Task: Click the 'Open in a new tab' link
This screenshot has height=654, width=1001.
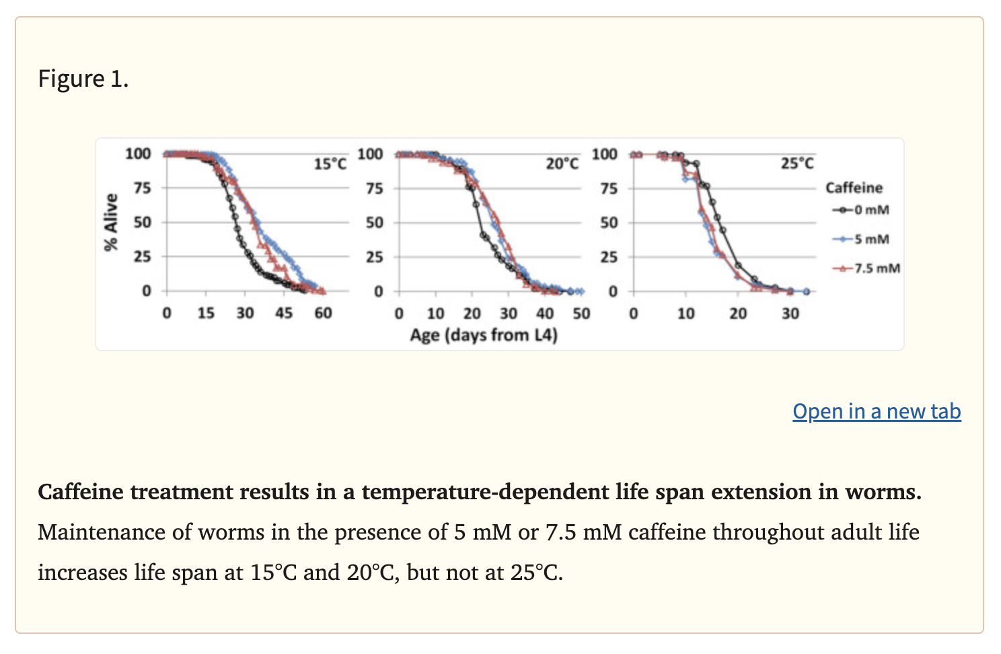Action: [876, 411]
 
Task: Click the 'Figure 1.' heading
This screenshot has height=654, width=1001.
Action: [83, 79]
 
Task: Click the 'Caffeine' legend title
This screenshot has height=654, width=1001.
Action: [854, 188]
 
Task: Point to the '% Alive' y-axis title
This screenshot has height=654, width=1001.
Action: [111, 222]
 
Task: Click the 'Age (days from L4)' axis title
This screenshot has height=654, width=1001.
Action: [484, 334]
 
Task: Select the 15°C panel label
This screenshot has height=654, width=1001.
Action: [330, 163]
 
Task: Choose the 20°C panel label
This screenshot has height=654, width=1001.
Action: [562, 163]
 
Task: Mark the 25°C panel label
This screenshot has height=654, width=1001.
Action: [797, 163]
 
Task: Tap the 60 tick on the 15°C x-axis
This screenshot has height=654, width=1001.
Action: [324, 313]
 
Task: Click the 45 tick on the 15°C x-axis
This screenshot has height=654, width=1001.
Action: [284, 313]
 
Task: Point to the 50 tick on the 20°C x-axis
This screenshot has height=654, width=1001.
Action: [581, 314]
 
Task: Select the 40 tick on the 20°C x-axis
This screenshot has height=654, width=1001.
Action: [545, 314]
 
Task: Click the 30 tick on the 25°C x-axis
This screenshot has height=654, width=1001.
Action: [790, 314]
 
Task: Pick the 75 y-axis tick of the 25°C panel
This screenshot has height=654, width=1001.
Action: [609, 188]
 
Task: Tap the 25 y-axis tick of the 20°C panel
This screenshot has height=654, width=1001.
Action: [375, 257]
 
